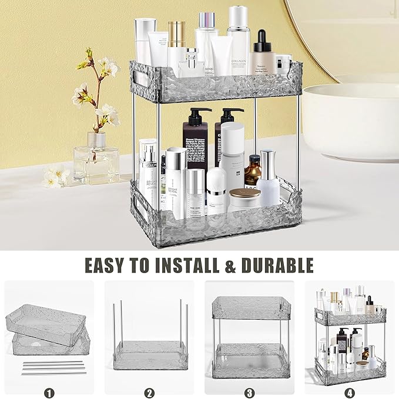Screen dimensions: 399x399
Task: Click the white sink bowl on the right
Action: coord(351,121)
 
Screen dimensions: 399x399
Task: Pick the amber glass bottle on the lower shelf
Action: coord(253,171)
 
